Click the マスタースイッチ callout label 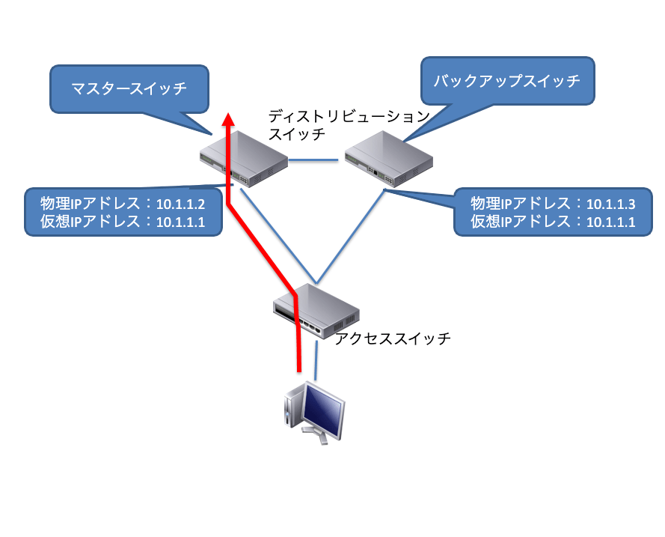(129, 88)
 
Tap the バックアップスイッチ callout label (507, 81)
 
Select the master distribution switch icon (244, 159)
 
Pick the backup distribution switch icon (389, 159)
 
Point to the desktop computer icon (314, 413)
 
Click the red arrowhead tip (229, 113)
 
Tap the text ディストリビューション (349, 116)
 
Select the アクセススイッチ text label (393, 339)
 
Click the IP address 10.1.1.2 (181, 204)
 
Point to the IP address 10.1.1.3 (610, 204)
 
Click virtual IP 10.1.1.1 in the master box (181, 222)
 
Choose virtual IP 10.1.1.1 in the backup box (610, 222)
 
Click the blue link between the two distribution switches (313, 160)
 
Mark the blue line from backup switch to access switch (350, 237)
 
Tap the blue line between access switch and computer (316, 360)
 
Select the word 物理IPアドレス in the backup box (521, 204)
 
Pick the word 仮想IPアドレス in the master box (91, 222)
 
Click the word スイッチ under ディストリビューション (297, 134)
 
